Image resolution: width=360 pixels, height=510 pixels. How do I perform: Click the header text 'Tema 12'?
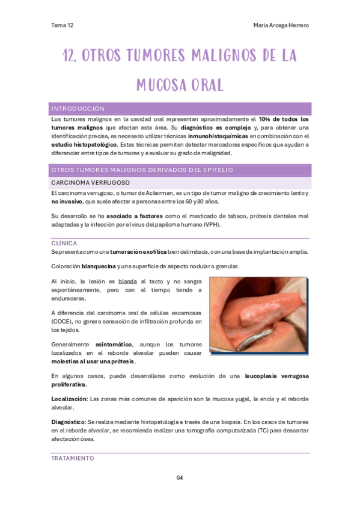coord(63,25)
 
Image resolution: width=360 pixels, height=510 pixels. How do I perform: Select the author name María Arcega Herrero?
coord(282,25)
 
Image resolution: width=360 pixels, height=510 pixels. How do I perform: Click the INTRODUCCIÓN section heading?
coord(79,109)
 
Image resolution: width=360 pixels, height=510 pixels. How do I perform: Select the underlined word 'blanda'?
coord(127,281)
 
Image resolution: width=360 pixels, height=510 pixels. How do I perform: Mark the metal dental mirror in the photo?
coord(252,340)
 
